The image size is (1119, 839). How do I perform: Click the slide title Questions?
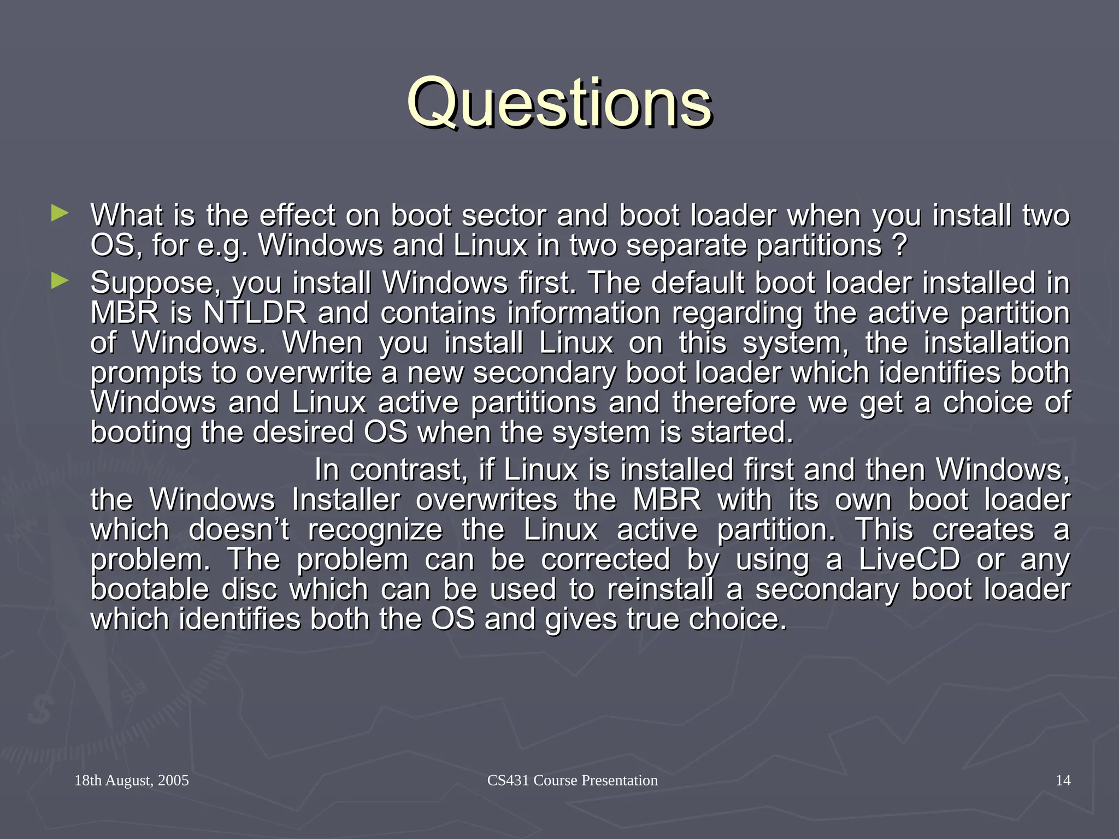click(559, 103)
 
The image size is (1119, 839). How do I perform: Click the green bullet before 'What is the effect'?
click(60, 213)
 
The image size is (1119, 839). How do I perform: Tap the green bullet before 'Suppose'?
click(60, 281)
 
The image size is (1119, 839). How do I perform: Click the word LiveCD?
click(909, 559)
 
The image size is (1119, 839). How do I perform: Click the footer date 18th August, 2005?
click(132, 780)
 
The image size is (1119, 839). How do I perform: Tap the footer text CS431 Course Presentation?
click(572, 780)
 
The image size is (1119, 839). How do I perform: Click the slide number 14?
click(1063, 780)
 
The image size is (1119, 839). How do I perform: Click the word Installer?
click(345, 500)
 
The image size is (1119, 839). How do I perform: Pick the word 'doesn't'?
click(239, 530)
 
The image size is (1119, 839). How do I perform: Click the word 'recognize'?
click(375, 530)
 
